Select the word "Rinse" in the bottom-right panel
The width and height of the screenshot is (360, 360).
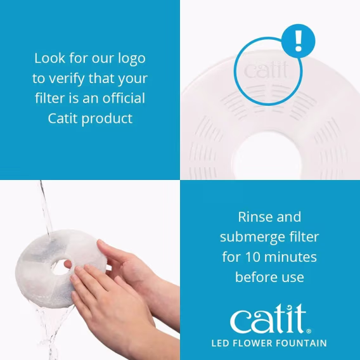pos(252,217)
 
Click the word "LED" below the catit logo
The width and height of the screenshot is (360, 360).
pos(221,344)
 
